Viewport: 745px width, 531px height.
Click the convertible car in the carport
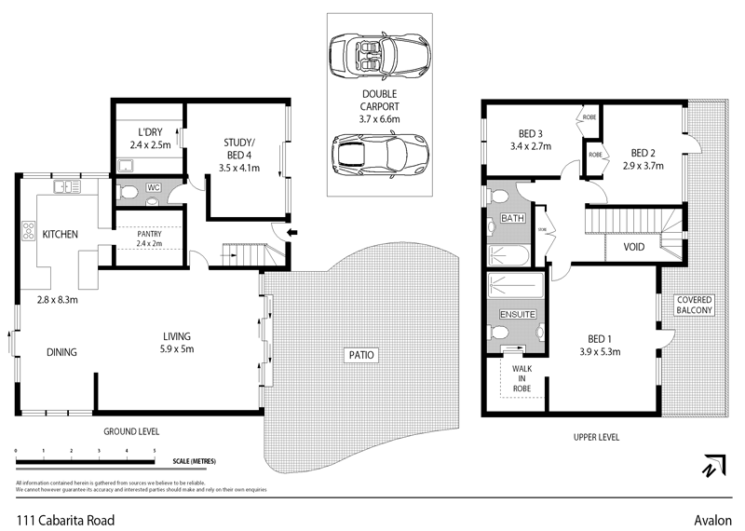pyautogui.click(x=380, y=58)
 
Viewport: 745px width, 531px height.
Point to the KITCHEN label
pyautogui.click(x=60, y=234)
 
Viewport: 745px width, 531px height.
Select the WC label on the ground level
pyautogui.click(x=155, y=186)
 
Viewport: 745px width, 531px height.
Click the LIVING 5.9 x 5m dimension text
pyautogui.click(x=176, y=348)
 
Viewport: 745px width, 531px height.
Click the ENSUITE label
pyautogui.click(x=519, y=315)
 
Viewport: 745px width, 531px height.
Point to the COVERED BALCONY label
pyautogui.click(x=694, y=305)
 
